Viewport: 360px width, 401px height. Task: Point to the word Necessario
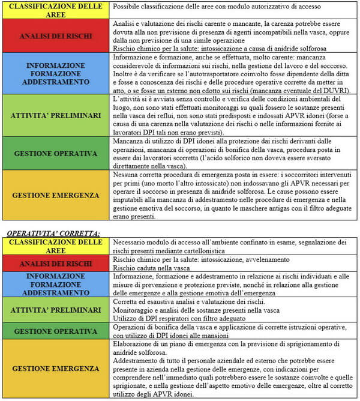point(132,242)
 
